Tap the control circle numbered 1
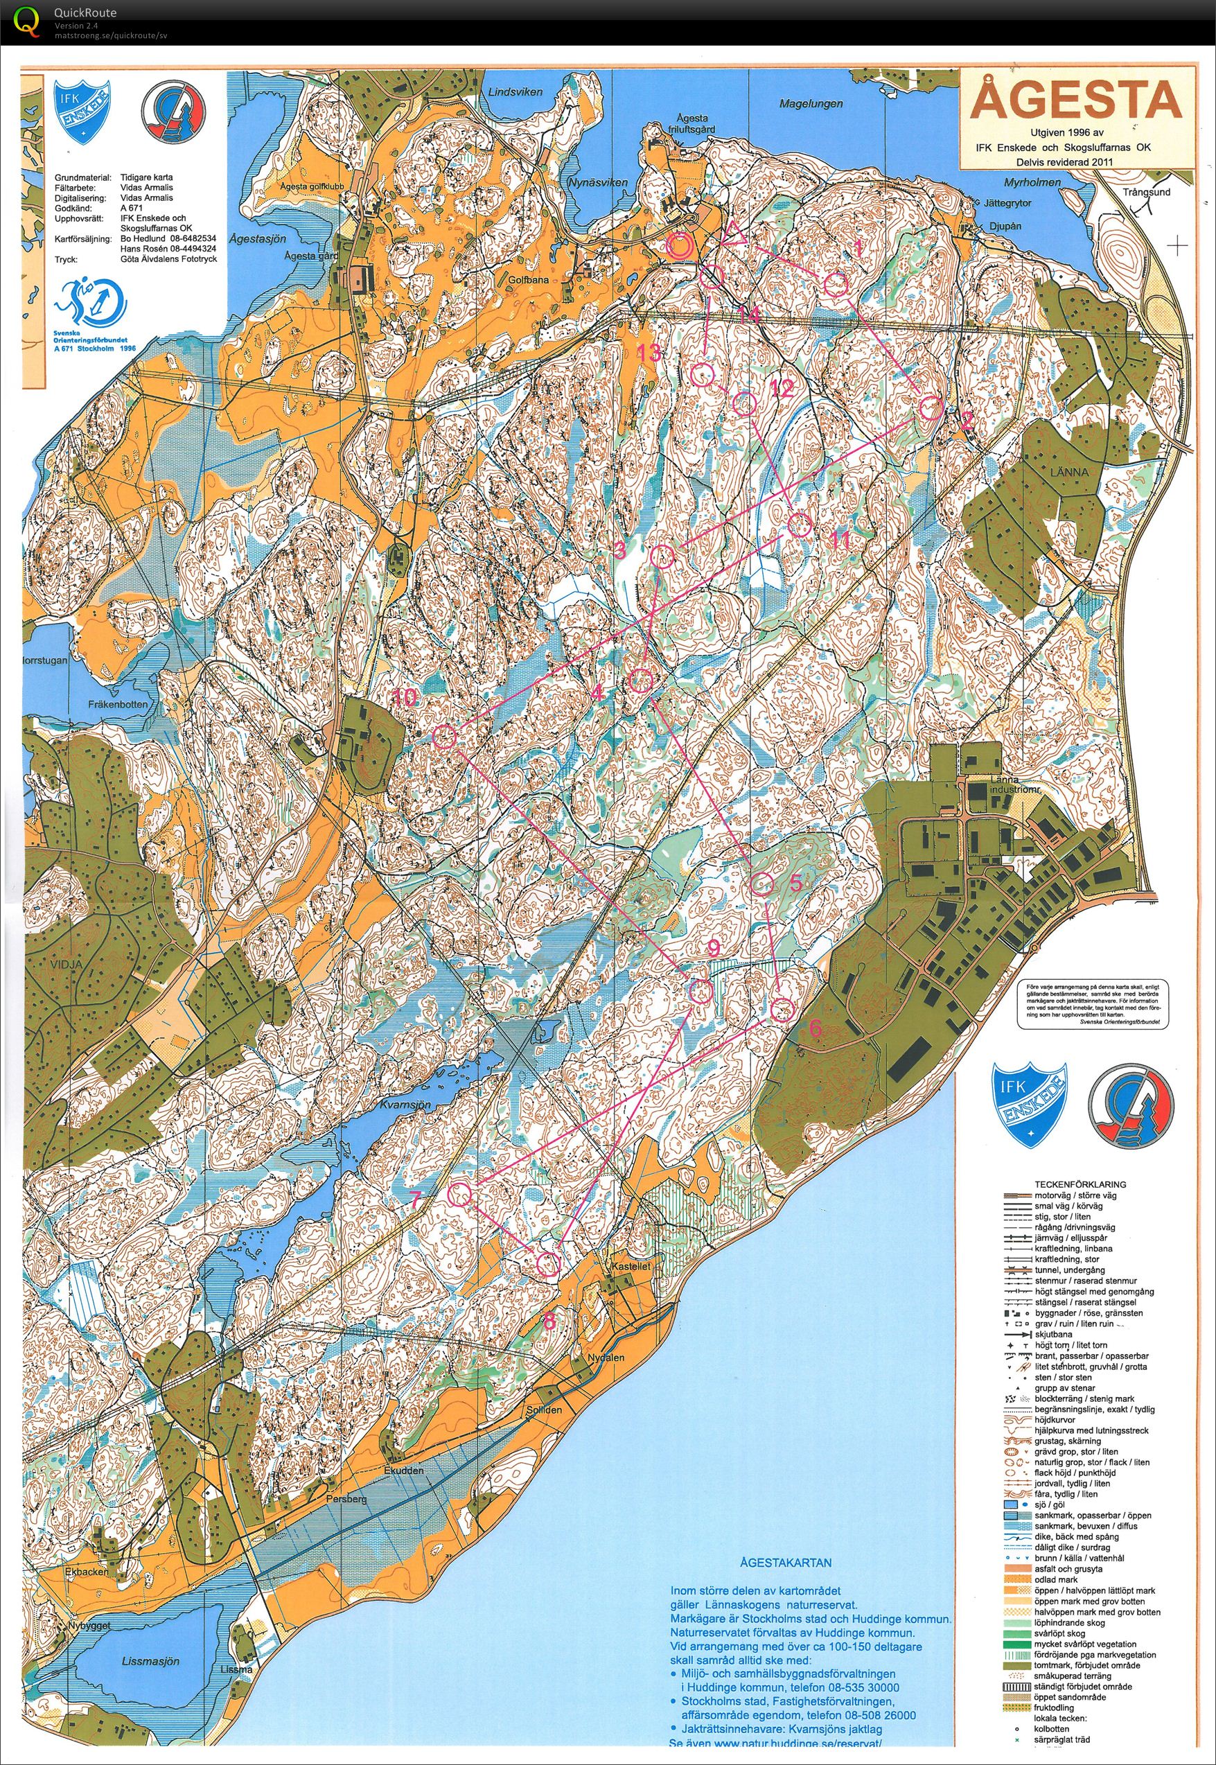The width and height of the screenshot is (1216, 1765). click(x=836, y=284)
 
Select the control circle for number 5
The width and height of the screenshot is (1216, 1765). click(x=762, y=884)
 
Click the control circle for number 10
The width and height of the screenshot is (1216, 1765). click(x=444, y=736)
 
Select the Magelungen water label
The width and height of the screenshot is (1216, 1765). click(x=811, y=103)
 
